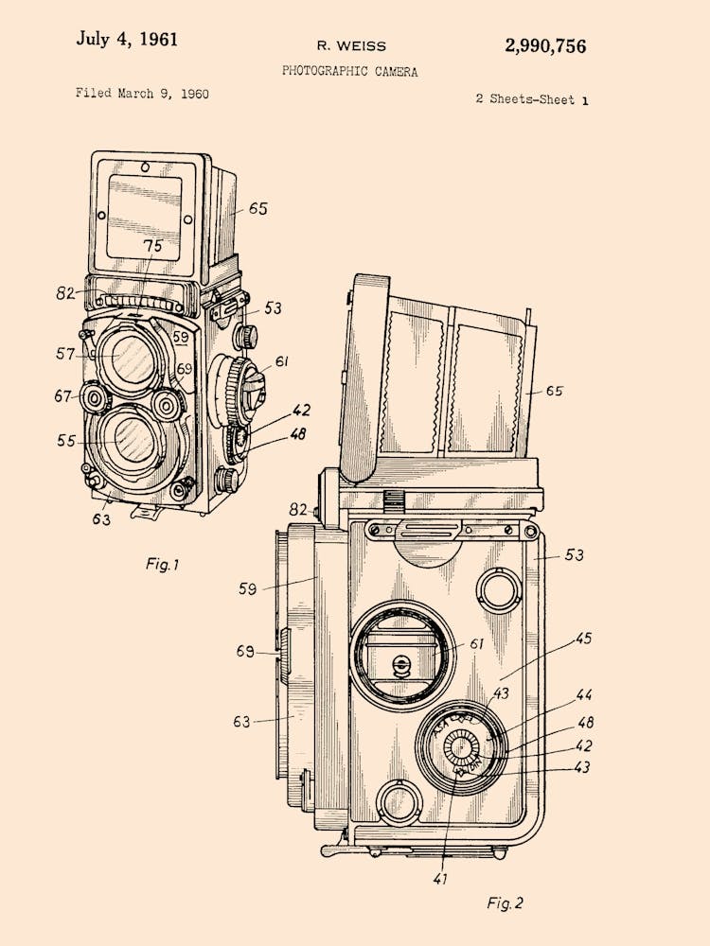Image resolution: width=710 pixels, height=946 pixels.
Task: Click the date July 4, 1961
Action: (126, 40)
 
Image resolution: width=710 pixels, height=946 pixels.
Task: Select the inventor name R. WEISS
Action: (351, 45)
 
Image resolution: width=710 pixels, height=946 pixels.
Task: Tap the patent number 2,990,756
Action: (544, 45)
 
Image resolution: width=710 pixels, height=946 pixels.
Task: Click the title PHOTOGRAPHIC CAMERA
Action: (349, 71)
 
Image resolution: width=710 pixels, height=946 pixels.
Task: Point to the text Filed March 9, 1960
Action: (142, 94)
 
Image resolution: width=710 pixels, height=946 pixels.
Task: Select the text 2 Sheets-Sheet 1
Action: (531, 98)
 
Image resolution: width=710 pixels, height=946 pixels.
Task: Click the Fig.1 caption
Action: (162, 564)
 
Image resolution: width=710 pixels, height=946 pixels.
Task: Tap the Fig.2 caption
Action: (505, 902)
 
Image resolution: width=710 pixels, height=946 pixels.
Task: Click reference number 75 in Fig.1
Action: (152, 247)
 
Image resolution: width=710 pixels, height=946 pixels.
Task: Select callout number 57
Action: (65, 354)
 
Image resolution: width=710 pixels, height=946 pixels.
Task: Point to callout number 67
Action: (63, 396)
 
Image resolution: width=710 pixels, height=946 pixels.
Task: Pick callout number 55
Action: (66, 440)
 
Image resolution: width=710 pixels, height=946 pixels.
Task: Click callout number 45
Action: (583, 639)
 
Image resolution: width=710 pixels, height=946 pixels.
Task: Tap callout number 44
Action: (583, 695)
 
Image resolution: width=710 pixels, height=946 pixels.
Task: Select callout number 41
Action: (440, 879)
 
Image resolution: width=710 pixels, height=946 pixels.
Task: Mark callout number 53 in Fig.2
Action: (575, 554)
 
